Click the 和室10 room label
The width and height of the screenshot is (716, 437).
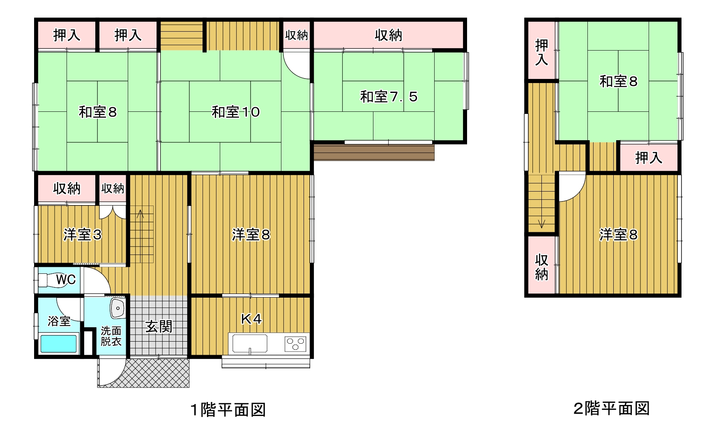tap(235, 112)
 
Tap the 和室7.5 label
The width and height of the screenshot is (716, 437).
tap(389, 97)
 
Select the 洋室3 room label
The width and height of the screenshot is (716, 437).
tap(82, 234)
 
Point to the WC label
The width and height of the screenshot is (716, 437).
tap(66, 280)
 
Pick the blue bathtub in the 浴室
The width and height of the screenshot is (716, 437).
tap(59, 344)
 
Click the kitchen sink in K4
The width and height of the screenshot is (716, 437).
tap(250, 344)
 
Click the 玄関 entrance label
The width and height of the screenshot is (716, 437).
tap(159, 327)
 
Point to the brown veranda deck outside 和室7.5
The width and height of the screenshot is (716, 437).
tap(374, 153)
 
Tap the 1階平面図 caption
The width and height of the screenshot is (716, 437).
tap(228, 410)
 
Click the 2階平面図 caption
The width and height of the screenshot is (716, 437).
tap(611, 409)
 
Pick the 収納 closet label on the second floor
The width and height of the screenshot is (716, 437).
tap(541, 266)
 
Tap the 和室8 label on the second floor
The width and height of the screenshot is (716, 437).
tap(618, 81)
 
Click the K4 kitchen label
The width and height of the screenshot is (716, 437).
tap(251, 319)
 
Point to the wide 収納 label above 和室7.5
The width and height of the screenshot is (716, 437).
tap(388, 35)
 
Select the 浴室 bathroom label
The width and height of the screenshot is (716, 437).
tap(59, 321)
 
